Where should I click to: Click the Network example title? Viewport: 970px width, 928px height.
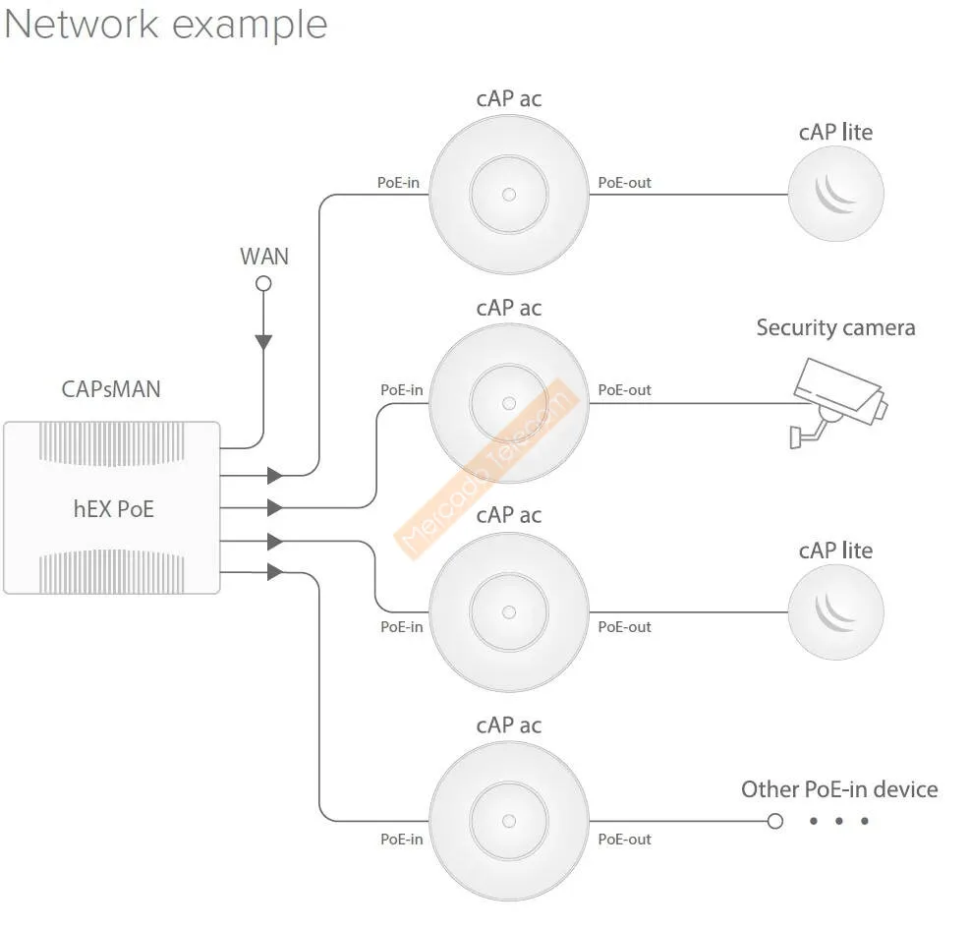click(165, 25)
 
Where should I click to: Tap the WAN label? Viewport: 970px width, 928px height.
click(264, 257)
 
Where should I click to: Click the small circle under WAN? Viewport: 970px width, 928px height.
click(263, 284)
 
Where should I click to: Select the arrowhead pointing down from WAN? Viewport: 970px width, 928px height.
click(263, 342)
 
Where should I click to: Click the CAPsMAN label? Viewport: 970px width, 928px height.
click(111, 389)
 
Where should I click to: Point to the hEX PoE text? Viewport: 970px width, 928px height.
click(113, 509)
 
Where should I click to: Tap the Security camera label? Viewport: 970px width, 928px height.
click(835, 328)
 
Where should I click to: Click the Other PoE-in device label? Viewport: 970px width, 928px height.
click(838, 789)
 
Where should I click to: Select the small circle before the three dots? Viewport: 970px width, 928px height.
click(775, 821)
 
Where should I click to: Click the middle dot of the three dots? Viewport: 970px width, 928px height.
click(838, 821)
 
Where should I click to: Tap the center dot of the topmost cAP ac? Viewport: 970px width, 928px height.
click(508, 194)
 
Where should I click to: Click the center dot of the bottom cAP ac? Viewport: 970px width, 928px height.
click(508, 821)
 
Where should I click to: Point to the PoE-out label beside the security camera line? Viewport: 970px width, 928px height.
click(624, 390)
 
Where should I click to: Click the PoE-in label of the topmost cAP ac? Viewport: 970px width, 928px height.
click(399, 183)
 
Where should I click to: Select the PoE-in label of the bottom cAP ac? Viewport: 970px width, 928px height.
click(401, 840)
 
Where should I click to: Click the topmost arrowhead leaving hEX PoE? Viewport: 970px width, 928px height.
click(275, 476)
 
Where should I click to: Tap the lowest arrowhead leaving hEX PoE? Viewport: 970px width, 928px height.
click(275, 571)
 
